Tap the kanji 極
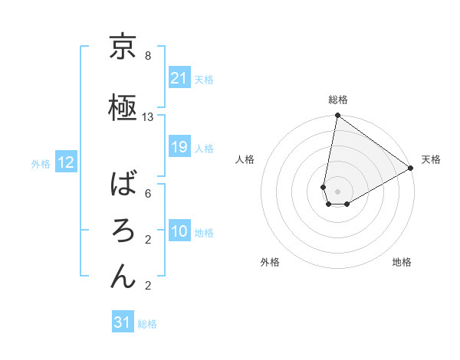click(x=123, y=106)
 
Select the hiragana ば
click(x=123, y=184)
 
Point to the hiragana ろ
click(x=123, y=229)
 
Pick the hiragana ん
click(x=123, y=275)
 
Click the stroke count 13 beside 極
click(x=148, y=117)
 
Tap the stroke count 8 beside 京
click(x=148, y=57)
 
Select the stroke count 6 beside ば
click(x=148, y=194)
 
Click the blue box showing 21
click(x=179, y=78)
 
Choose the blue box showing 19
click(x=179, y=147)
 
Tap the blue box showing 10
click(x=179, y=231)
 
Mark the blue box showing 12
click(x=65, y=162)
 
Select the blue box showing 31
click(x=123, y=322)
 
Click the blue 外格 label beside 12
click(x=41, y=163)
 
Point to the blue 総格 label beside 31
click(x=147, y=324)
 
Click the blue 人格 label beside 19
click(x=204, y=148)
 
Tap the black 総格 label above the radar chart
click(x=337, y=100)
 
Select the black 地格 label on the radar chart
click(x=402, y=262)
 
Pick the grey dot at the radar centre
click(x=337, y=190)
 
